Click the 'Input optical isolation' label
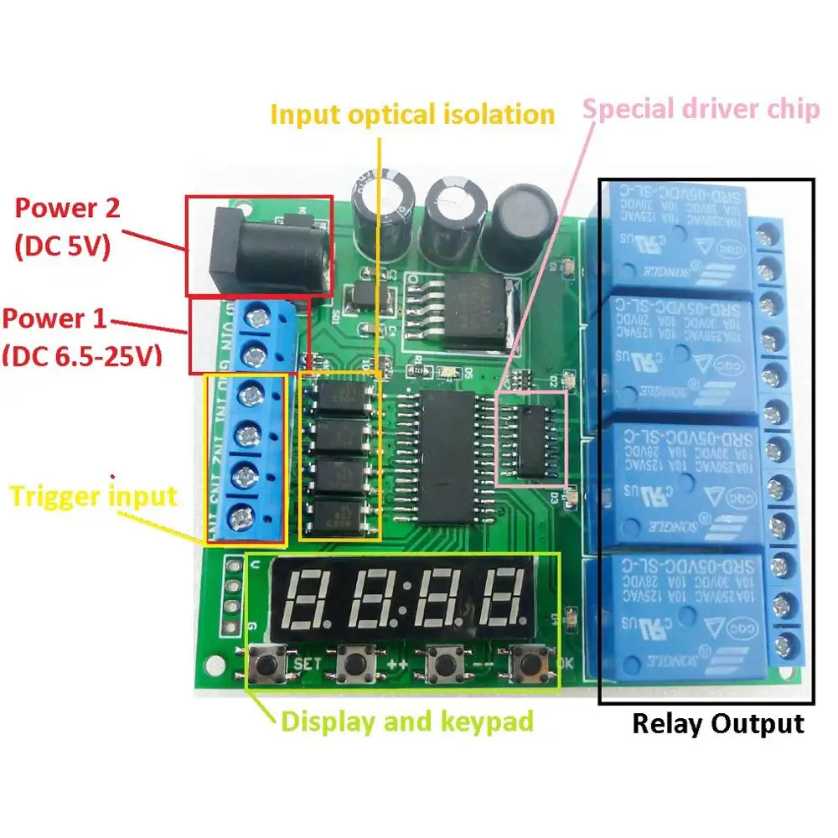[x=412, y=115]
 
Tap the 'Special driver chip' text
[x=701, y=109]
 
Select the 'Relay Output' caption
[x=717, y=723]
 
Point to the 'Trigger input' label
[x=93, y=496]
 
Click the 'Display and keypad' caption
[x=406, y=721]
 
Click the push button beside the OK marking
[x=530, y=665]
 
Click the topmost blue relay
[x=674, y=235]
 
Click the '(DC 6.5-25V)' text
[x=81, y=356]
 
